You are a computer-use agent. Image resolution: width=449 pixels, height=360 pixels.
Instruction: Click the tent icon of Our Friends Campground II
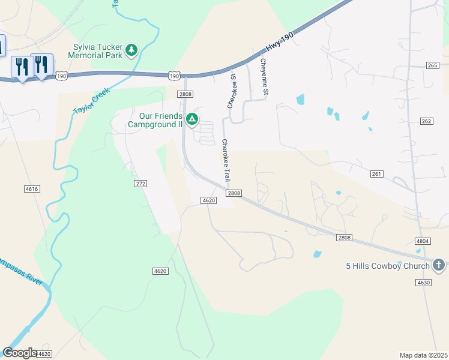point(192,120)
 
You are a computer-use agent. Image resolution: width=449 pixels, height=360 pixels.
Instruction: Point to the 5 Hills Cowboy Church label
point(387,266)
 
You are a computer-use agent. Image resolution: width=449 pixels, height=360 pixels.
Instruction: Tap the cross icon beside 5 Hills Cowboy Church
point(439,265)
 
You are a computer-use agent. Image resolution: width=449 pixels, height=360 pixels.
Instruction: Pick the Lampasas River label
point(22,270)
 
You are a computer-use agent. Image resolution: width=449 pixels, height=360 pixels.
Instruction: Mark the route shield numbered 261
point(377,174)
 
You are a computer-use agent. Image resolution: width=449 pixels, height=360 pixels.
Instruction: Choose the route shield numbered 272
point(140,183)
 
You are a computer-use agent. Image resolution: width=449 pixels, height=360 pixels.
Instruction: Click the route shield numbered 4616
point(32,189)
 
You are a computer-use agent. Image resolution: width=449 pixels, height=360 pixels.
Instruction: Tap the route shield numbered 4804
point(423,241)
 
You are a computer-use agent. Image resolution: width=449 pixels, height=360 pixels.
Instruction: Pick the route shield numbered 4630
point(423,282)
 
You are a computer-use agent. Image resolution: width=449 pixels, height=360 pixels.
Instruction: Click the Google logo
point(20,353)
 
